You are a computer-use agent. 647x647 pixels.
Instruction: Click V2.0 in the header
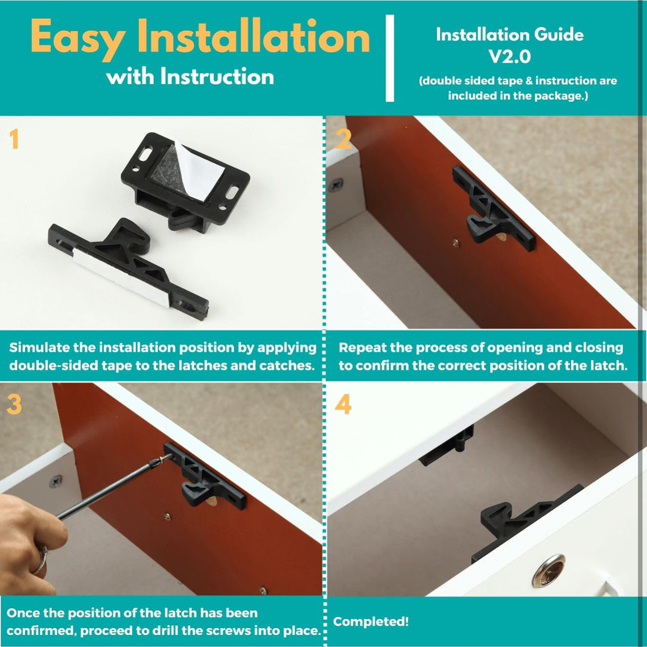click(510, 56)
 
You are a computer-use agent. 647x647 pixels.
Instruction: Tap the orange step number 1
click(14, 139)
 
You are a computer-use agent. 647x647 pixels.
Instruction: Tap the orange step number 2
click(343, 139)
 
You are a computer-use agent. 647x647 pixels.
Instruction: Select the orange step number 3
click(14, 404)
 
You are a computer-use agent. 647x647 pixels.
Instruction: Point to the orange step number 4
click(343, 404)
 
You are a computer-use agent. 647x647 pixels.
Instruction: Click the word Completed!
click(371, 621)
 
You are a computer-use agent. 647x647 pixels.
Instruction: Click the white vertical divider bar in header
click(390, 58)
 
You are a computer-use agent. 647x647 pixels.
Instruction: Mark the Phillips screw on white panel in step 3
click(56, 482)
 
